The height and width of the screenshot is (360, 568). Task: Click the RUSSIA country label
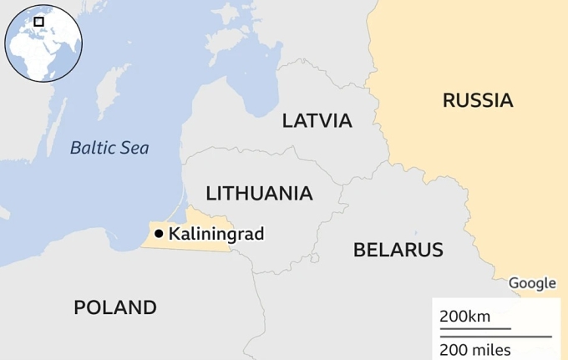click(478, 101)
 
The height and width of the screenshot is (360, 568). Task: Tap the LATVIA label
click(317, 120)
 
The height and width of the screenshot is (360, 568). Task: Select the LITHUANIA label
click(259, 194)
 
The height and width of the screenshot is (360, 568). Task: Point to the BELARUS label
click(398, 249)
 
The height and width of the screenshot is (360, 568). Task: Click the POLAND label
click(114, 307)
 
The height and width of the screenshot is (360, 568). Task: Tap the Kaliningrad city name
click(216, 235)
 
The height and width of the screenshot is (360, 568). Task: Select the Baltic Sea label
click(109, 148)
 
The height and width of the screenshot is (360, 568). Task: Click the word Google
click(532, 283)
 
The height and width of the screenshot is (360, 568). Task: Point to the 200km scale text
click(465, 317)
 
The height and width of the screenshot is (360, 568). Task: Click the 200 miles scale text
click(475, 349)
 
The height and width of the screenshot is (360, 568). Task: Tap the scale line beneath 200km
click(475, 328)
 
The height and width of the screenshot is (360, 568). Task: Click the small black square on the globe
click(38, 21)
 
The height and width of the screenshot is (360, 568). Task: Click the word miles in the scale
click(491, 349)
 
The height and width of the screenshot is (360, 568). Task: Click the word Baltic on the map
click(94, 148)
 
